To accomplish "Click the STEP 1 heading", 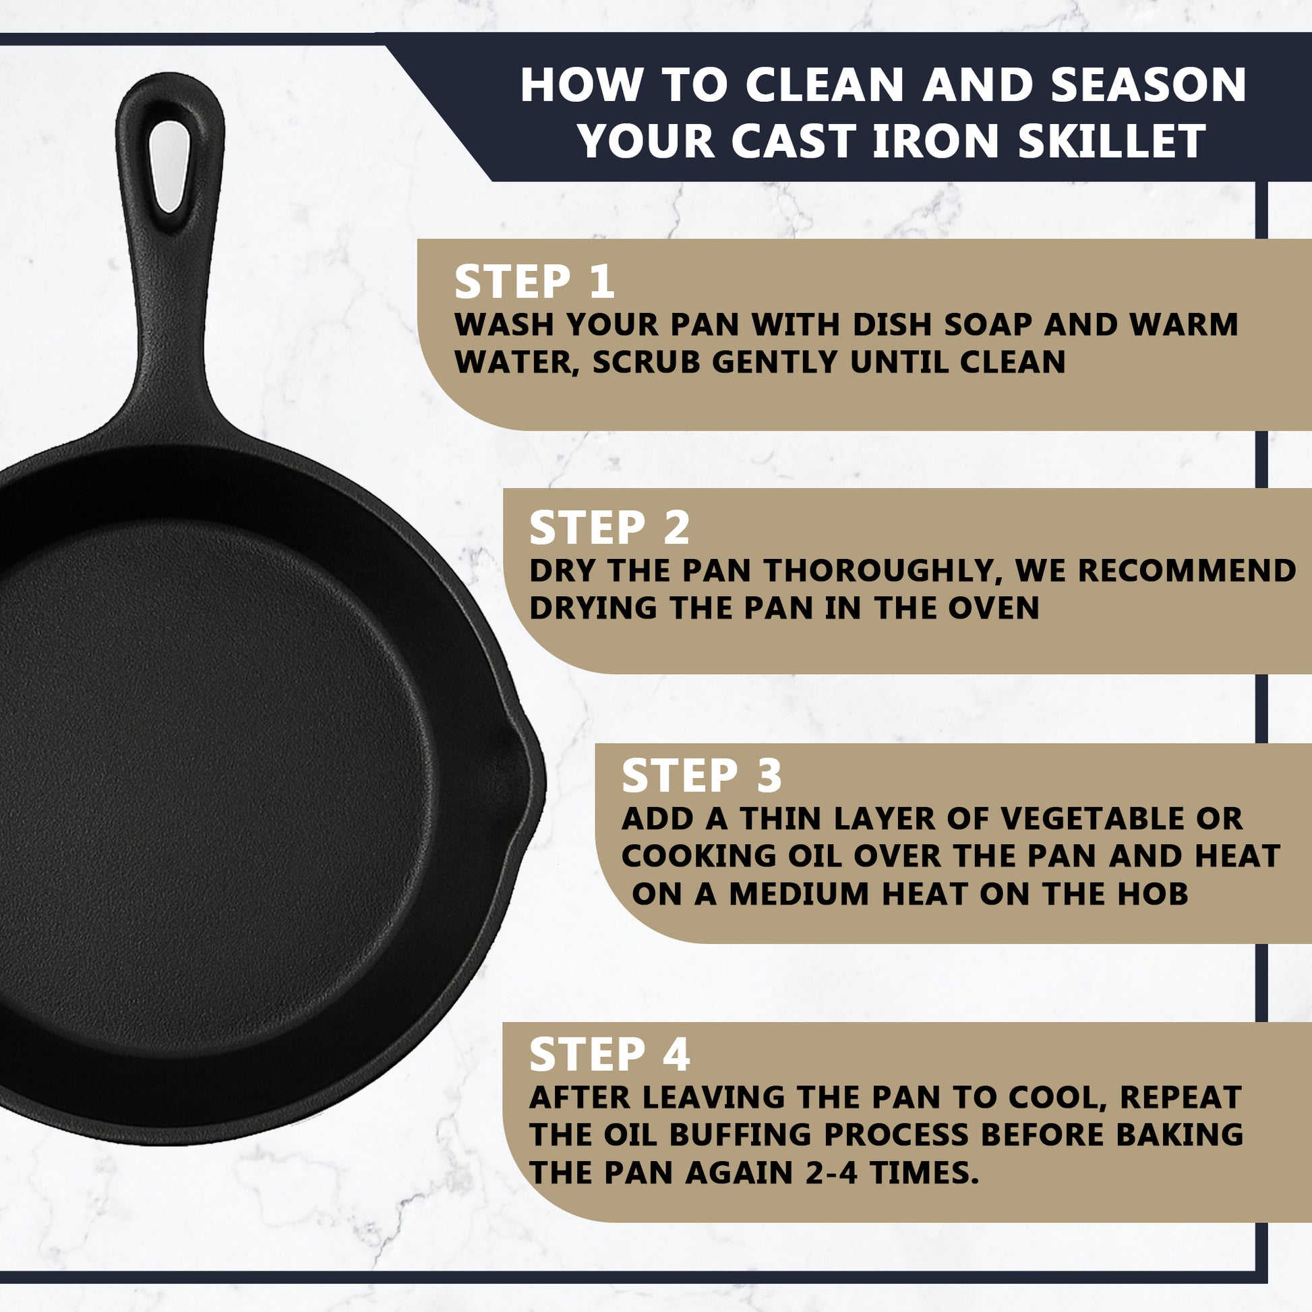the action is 535,282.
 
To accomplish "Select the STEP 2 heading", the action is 609,528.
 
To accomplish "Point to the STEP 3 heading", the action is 701,775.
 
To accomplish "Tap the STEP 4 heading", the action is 609,1054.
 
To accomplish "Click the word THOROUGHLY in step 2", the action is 883,570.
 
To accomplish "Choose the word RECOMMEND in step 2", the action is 1188,570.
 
